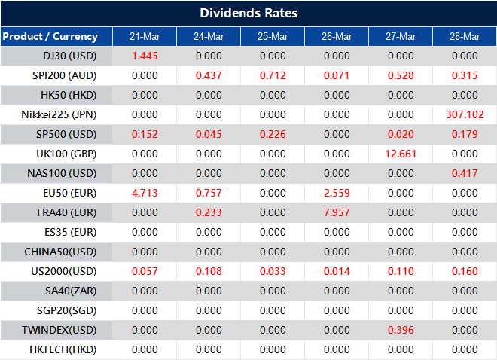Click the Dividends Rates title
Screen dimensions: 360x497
coord(248,13)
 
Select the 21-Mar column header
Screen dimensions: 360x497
coord(144,36)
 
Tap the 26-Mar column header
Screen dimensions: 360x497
coord(336,36)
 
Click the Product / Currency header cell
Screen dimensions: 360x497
coord(50,36)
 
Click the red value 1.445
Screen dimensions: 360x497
coord(144,56)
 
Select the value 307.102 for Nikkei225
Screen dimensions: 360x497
coord(464,114)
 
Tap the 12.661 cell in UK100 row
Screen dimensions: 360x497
coord(400,154)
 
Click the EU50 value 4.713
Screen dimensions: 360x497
coord(144,193)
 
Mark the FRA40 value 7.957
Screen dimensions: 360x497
coord(336,212)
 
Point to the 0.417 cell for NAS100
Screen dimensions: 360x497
coord(464,173)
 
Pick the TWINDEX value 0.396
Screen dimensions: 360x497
coord(400,330)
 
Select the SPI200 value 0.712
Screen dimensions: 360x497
coord(272,75)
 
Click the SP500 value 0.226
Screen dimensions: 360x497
coord(272,134)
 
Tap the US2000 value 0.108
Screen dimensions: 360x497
coord(208,271)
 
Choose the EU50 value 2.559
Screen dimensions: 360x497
coord(336,193)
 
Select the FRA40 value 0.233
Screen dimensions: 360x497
coord(208,212)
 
